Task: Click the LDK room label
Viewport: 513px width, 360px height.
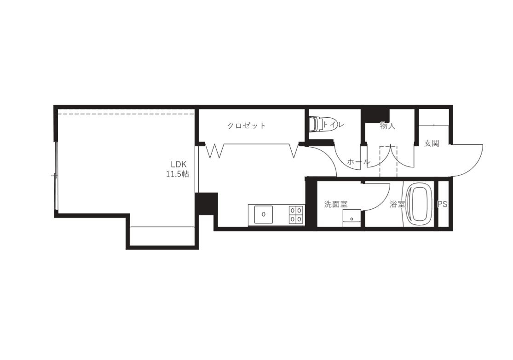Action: click(178, 164)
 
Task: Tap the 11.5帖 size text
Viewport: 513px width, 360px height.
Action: click(177, 174)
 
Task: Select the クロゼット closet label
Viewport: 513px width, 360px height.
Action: click(246, 126)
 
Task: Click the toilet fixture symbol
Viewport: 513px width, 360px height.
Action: click(316, 124)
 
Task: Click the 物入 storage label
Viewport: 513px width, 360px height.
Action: click(388, 126)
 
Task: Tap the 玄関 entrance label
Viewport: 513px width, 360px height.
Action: click(432, 143)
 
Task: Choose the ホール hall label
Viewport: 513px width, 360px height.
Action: click(358, 161)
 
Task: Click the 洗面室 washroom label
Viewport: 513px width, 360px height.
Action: click(336, 204)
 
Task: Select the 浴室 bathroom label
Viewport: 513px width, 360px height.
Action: click(398, 204)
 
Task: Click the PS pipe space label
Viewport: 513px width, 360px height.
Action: click(443, 204)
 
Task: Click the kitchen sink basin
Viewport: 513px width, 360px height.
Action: click(263, 215)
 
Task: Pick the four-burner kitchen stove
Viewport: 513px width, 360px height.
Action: click(296, 215)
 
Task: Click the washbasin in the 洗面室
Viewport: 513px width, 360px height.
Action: click(352, 218)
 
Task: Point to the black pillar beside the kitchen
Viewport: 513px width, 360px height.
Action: click(207, 204)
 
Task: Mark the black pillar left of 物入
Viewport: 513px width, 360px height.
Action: click(375, 115)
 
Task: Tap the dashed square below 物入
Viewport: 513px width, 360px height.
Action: click(388, 161)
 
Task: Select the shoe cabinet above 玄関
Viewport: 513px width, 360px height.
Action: click(434, 117)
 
